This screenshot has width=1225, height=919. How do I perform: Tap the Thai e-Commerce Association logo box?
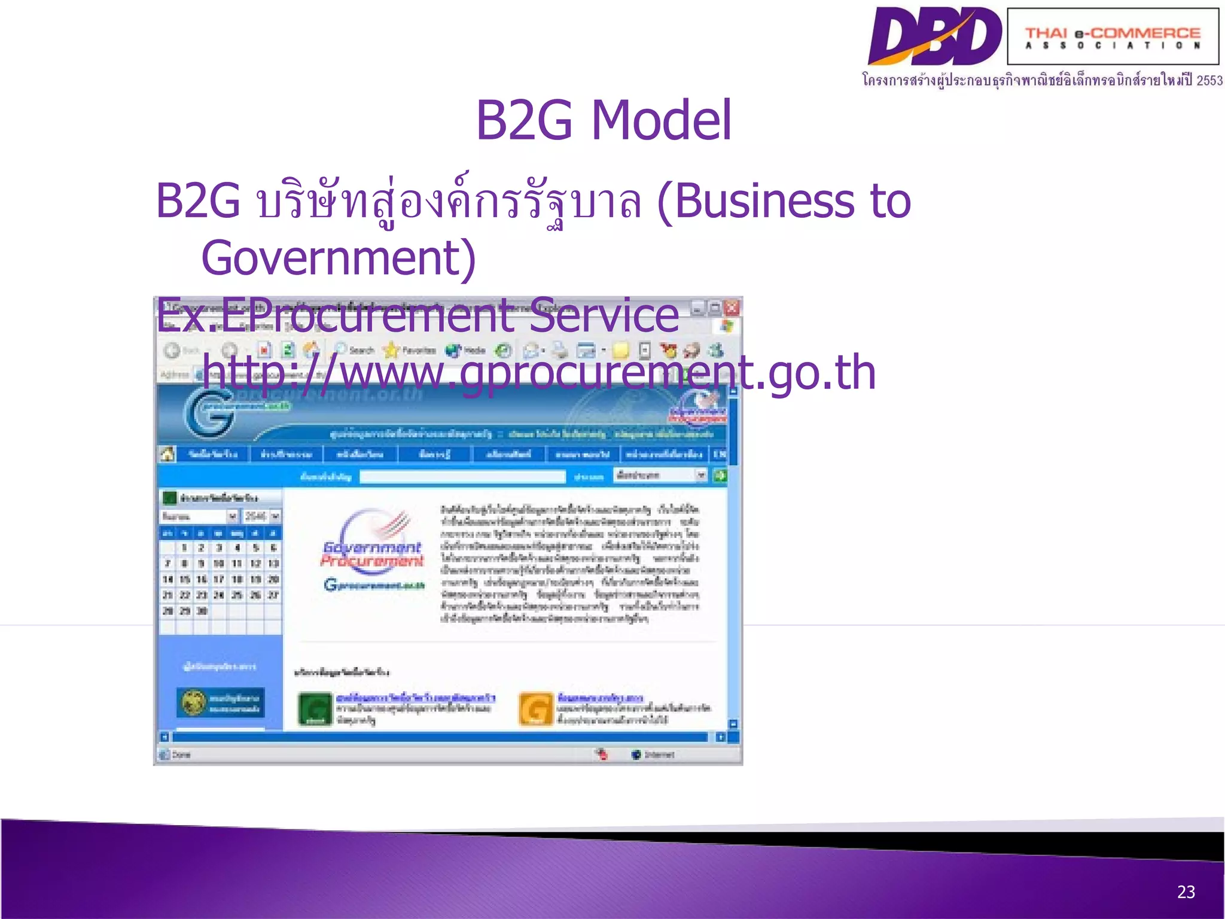(1113, 37)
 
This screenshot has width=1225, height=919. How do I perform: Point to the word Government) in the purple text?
(339, 258)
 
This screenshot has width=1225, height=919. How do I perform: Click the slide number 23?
(1186, 892)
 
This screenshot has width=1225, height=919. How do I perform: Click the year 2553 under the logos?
(1209, 81)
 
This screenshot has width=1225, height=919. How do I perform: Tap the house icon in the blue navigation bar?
(167, 454)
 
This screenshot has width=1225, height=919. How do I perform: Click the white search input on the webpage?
(462, 476)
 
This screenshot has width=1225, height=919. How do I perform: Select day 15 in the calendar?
(185, 579)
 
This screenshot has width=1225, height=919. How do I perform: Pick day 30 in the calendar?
(202, 611)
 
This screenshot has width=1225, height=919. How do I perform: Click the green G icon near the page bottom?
(315, 709)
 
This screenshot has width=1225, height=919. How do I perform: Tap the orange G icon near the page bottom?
(535, 709)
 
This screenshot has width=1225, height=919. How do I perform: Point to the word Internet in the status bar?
(659, 754)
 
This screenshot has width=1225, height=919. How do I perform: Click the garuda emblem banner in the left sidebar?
(220, 703)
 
